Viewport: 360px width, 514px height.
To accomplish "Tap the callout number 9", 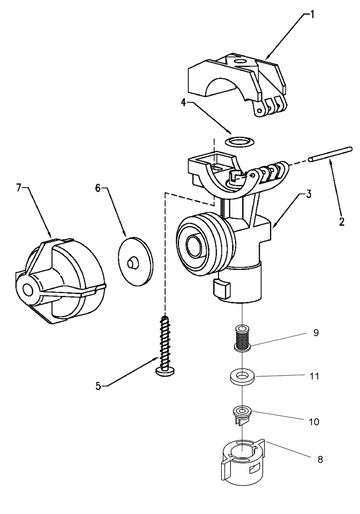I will (315, 333).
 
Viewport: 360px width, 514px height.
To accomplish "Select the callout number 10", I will (314, 421).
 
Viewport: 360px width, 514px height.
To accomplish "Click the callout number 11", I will (314, 376).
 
